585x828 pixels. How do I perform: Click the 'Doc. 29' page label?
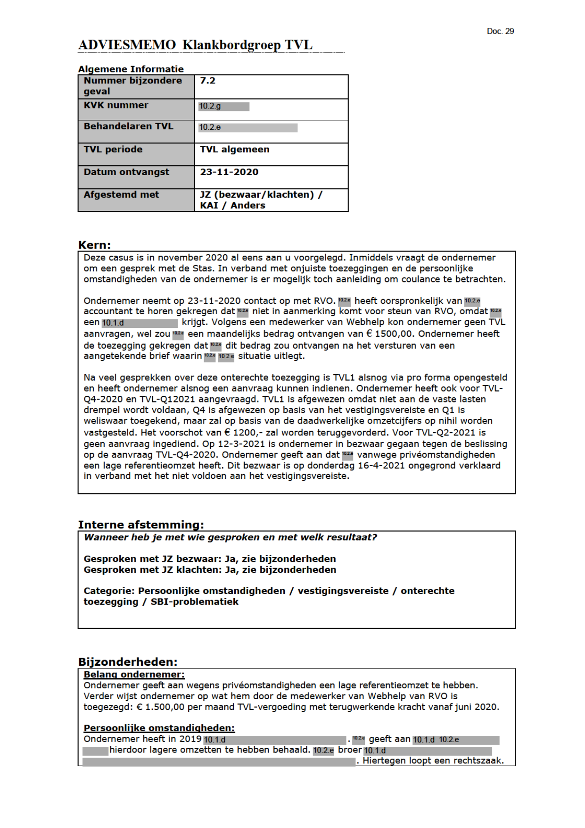(500, 31)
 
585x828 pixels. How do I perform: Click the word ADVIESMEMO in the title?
(127, 45)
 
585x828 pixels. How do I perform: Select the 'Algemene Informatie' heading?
(131, 69)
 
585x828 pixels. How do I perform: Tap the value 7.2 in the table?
(207, 81)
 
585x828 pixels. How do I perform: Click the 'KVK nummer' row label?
(116, 105)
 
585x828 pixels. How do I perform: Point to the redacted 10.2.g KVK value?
(223, 106)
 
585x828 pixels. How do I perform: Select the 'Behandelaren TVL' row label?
(128, 126)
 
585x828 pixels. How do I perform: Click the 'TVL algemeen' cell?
(234, 149)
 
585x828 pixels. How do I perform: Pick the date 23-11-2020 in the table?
(229, 172)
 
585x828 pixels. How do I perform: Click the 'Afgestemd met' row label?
(121, 194)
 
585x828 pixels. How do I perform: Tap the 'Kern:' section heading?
(94, 245)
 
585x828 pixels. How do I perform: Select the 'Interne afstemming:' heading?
(140, 525)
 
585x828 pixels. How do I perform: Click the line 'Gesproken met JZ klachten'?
(209, 569)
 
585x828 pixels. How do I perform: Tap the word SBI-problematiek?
(194, 602)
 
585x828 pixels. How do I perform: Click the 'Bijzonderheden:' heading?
(127, 661)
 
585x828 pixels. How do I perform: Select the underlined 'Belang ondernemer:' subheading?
(134, 675)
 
